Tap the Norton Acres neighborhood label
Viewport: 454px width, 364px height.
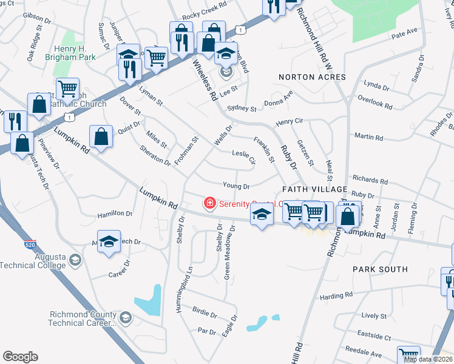coord(312,77)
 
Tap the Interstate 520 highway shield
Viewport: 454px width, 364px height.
coord(30,245)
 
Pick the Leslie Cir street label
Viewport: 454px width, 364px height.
coord(243,158)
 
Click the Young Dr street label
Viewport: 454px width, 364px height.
coord(237,185)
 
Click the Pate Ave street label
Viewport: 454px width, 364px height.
coord(404,32)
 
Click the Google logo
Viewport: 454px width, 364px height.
coord(20,357)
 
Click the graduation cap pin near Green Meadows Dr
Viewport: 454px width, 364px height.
coord(262,215)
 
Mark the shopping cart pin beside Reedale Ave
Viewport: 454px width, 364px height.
coord(408,356)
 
